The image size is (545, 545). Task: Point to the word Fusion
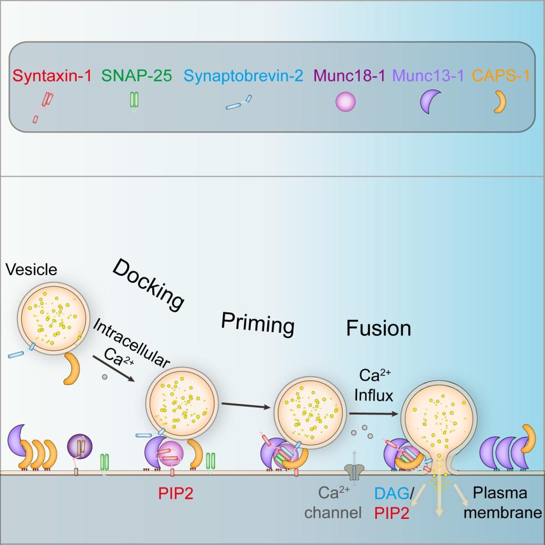(x=378, y=328)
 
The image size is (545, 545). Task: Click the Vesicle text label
(x=30, y=270)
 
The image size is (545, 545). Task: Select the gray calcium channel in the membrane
(x=353, y=469)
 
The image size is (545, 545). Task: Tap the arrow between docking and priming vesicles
(x=244, y=406)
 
